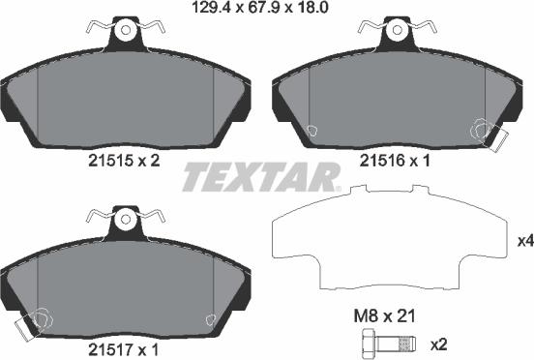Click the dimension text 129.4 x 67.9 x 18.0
(260, 7)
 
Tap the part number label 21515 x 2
(124, 161)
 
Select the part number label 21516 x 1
(395, 161)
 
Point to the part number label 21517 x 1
(123, 349)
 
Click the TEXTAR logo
(261, 177)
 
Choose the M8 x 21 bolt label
(384, 316)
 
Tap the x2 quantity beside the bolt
(438, 345)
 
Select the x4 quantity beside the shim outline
(525, 242)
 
